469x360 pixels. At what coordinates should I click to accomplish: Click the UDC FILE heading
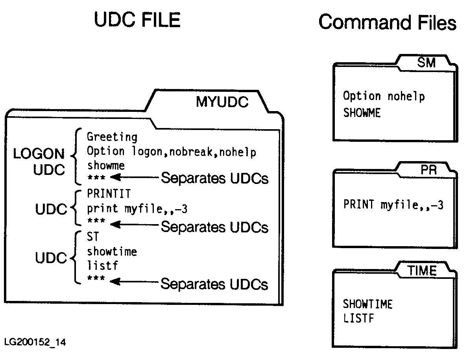tap(137, 20)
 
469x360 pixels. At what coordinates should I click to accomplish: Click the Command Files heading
tap(387, 22)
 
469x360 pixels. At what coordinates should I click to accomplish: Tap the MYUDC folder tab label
tap(222, 102)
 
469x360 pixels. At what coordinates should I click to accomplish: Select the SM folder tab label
tap(427, 63)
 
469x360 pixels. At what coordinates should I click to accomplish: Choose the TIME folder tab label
tap(422, 271)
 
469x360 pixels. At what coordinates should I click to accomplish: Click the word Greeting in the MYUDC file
tap(112, 137)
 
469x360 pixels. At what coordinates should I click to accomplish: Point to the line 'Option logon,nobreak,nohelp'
tap(171, 152)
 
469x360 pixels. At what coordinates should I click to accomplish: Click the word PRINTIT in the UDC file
tap(109, 194)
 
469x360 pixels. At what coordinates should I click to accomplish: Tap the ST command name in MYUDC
tap(93, 237)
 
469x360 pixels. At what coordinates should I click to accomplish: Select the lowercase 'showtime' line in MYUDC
tap(112, 251)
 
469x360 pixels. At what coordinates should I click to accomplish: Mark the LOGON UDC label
tap(39, 162)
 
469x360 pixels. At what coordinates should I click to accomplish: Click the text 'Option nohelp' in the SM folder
tap(384, 96)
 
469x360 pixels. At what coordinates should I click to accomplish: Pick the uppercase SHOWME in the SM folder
tap(362, 113)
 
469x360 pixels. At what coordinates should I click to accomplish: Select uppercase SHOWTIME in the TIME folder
tap(367, 304)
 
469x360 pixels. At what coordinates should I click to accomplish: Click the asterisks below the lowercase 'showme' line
tap(96, 178)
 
